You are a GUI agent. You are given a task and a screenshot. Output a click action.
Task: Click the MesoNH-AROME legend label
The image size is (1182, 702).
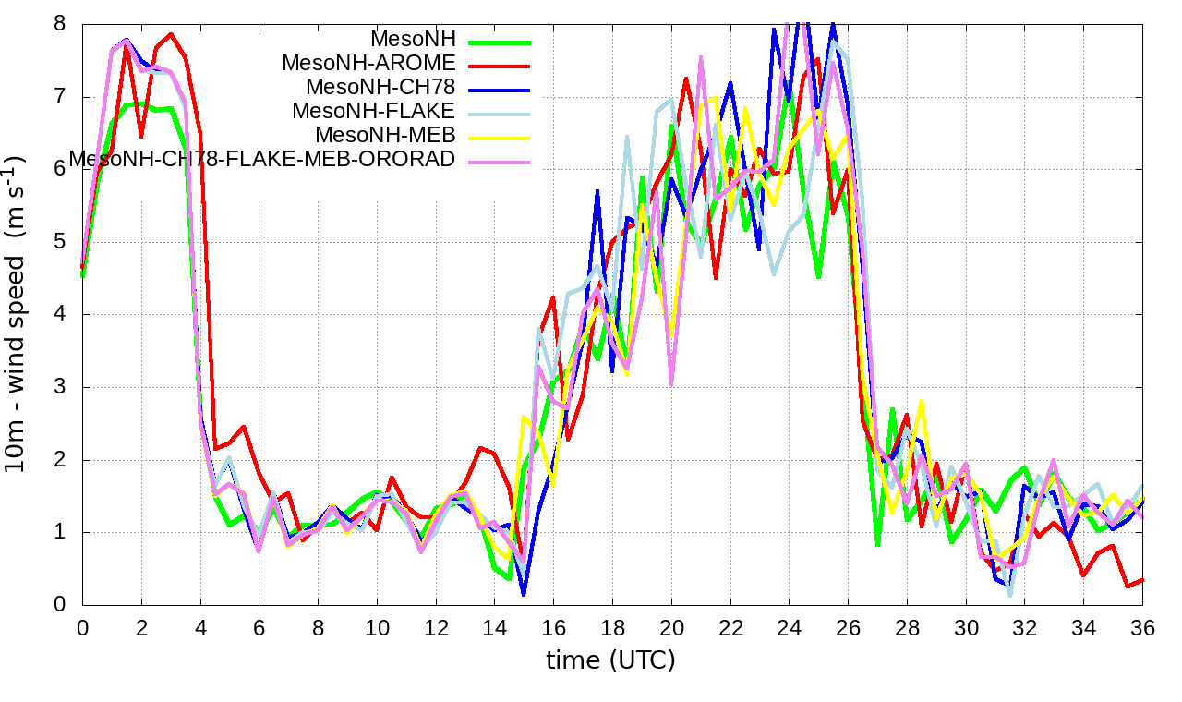[x=368, y=64]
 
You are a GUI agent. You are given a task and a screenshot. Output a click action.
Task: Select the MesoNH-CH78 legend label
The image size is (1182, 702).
[x=380, y=88]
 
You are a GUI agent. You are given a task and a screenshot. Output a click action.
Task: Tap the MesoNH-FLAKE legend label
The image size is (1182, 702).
[x=374, y=112]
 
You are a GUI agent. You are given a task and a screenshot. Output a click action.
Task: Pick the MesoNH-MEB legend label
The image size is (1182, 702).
[x=386, y=135]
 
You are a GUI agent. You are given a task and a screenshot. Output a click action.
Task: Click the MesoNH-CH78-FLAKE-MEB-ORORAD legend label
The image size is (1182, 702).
[x=263, y=159]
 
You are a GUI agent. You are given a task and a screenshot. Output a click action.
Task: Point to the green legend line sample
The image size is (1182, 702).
[x=500, y=41]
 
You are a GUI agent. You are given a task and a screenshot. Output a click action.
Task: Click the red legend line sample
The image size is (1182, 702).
[x=500, y=65]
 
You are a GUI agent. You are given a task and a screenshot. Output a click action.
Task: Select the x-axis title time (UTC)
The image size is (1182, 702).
[x=610, y=660]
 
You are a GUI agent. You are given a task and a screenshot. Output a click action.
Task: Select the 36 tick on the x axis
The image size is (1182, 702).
[x=1142, y=628]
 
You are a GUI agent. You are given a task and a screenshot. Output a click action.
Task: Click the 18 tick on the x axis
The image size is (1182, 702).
[x=612, y=628]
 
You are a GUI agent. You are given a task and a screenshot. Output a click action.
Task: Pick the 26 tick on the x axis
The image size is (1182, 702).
[x=848, y=628]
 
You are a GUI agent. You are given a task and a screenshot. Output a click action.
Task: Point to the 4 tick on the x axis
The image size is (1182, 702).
[x=200, y=628]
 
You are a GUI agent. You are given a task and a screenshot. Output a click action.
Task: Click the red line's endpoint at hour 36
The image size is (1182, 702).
[x=1142, y=580]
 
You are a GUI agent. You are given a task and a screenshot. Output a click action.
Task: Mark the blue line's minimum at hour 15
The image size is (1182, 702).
[x=524, y=594]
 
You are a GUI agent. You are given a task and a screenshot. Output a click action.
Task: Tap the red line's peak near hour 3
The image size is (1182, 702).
[x=172, y=34]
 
